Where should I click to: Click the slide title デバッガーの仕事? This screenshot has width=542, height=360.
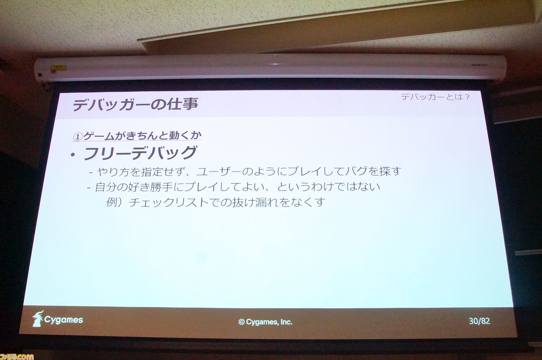coord(135,105)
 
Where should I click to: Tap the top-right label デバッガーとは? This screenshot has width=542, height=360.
coord(435,97)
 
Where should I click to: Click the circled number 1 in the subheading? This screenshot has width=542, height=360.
coord(77,137)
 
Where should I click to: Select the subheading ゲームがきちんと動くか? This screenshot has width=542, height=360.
coord(142,136)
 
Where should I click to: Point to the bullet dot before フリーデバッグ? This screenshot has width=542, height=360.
coord(73,155)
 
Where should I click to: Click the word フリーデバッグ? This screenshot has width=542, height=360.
coord(141,153)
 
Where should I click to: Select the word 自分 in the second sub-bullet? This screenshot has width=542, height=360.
coord(106,187)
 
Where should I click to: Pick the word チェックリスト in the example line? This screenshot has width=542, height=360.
coord(169,202)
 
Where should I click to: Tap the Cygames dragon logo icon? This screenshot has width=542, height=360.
coord(38,318)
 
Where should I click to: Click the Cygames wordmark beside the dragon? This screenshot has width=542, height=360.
coord(64,320)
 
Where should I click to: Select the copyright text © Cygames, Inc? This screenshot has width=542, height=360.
coord(265,322)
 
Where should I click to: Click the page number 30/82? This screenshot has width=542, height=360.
coord(479,321)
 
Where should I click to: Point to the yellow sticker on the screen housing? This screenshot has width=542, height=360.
coord(58,68)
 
